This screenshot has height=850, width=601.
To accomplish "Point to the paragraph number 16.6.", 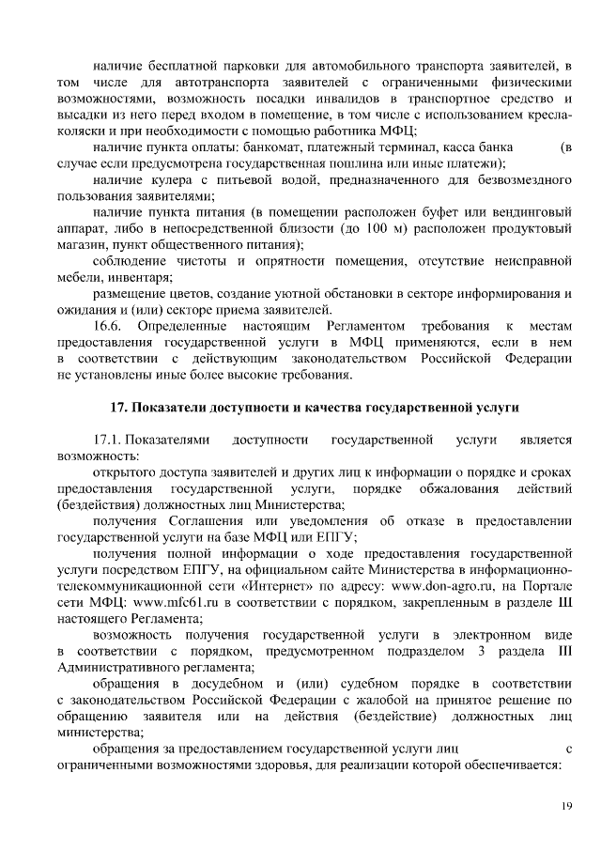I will (x=108, y=326).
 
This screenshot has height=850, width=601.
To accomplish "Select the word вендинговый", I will (x=527, y=213).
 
